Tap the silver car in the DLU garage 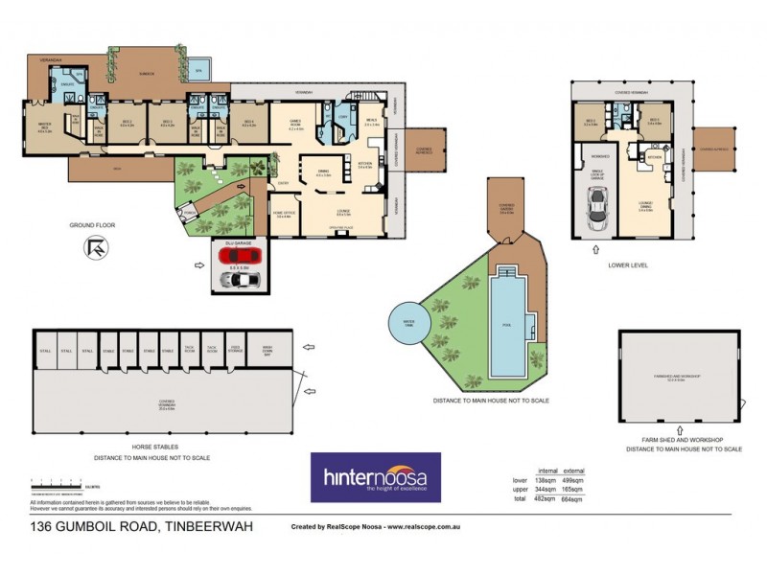click(237, 280)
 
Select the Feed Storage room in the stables click(236, 349)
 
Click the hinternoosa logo click(375, 477)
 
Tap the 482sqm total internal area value click(546, 498)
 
